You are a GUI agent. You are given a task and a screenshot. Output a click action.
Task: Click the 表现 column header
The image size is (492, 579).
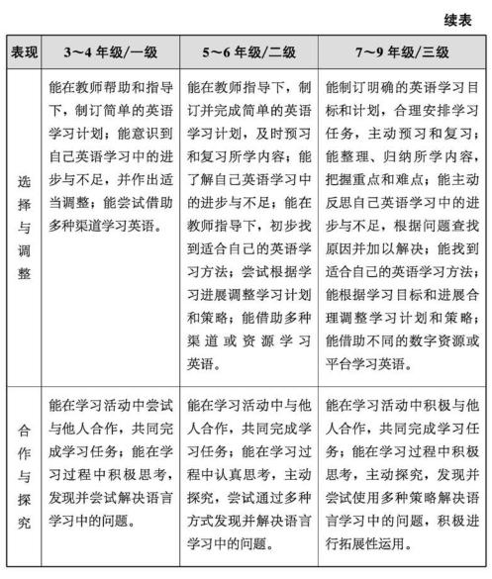click(x=24, y=51)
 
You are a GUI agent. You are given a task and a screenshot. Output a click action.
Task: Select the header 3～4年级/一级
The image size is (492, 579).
click(x=110, y=51)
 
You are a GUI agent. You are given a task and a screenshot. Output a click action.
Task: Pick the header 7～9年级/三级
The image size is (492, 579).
click(x=401, y=51)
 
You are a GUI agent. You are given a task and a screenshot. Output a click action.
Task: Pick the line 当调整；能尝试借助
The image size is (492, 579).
click(x=110, y=201)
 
